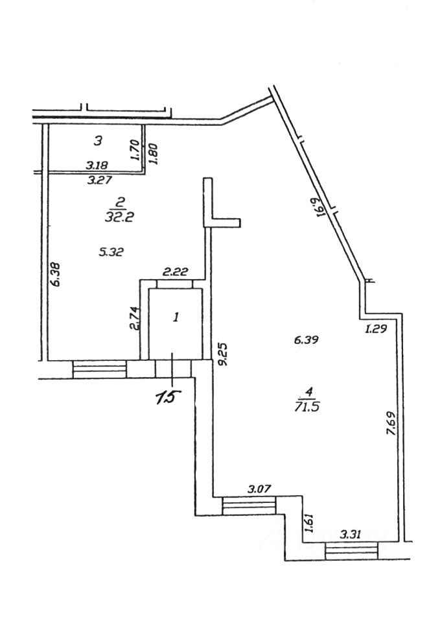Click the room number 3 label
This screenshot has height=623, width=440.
tap(98, 140)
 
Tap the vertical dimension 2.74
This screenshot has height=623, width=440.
tap(135, 317)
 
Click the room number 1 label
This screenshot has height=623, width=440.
tap(175, 317)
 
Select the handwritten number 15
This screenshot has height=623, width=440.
tap(167, 397)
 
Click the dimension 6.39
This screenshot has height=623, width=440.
tap(307, 339)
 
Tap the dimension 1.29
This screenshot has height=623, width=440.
tap(375, 329)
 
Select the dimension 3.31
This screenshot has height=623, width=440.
tap(352, 534)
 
